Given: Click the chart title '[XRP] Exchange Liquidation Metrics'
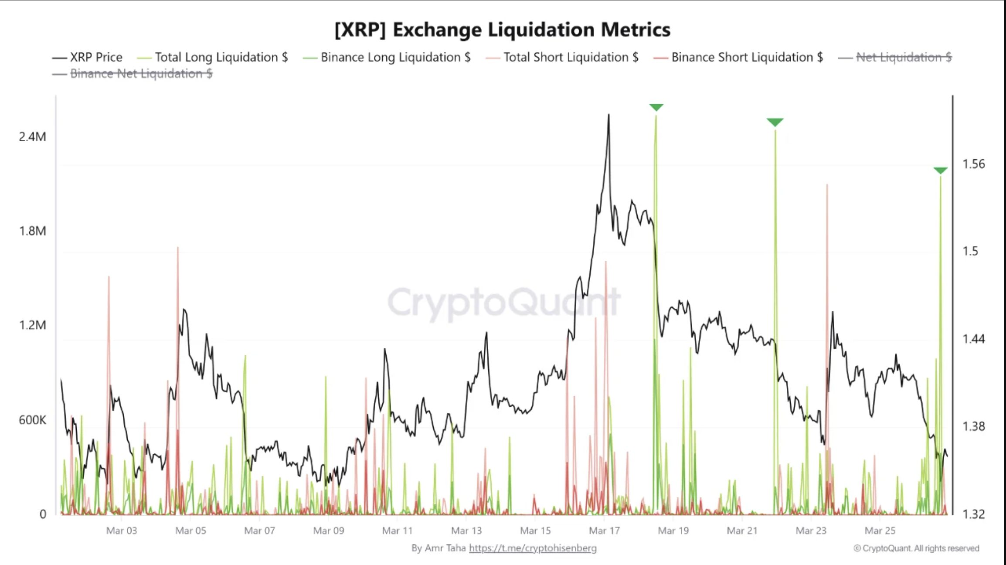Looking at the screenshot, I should click(502, 30).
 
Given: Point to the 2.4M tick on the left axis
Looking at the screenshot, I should click(32, 137).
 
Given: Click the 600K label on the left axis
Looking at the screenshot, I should click(32, 420).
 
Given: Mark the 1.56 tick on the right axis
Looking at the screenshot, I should click(973, 164).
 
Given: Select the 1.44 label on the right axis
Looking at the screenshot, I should click(973, 339).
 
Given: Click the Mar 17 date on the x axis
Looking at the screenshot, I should click(604, 531).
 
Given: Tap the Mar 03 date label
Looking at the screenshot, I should click(122, 531).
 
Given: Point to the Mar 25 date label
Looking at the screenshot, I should click(880, 531).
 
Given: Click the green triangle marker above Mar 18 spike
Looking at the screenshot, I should click(656, 107).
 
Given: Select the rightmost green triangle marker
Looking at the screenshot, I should click(940, 170).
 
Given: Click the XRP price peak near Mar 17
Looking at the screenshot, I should click(608, 116).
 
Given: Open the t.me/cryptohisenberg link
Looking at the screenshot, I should click(533, 548).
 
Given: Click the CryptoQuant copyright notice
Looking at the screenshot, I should click(916, 548).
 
